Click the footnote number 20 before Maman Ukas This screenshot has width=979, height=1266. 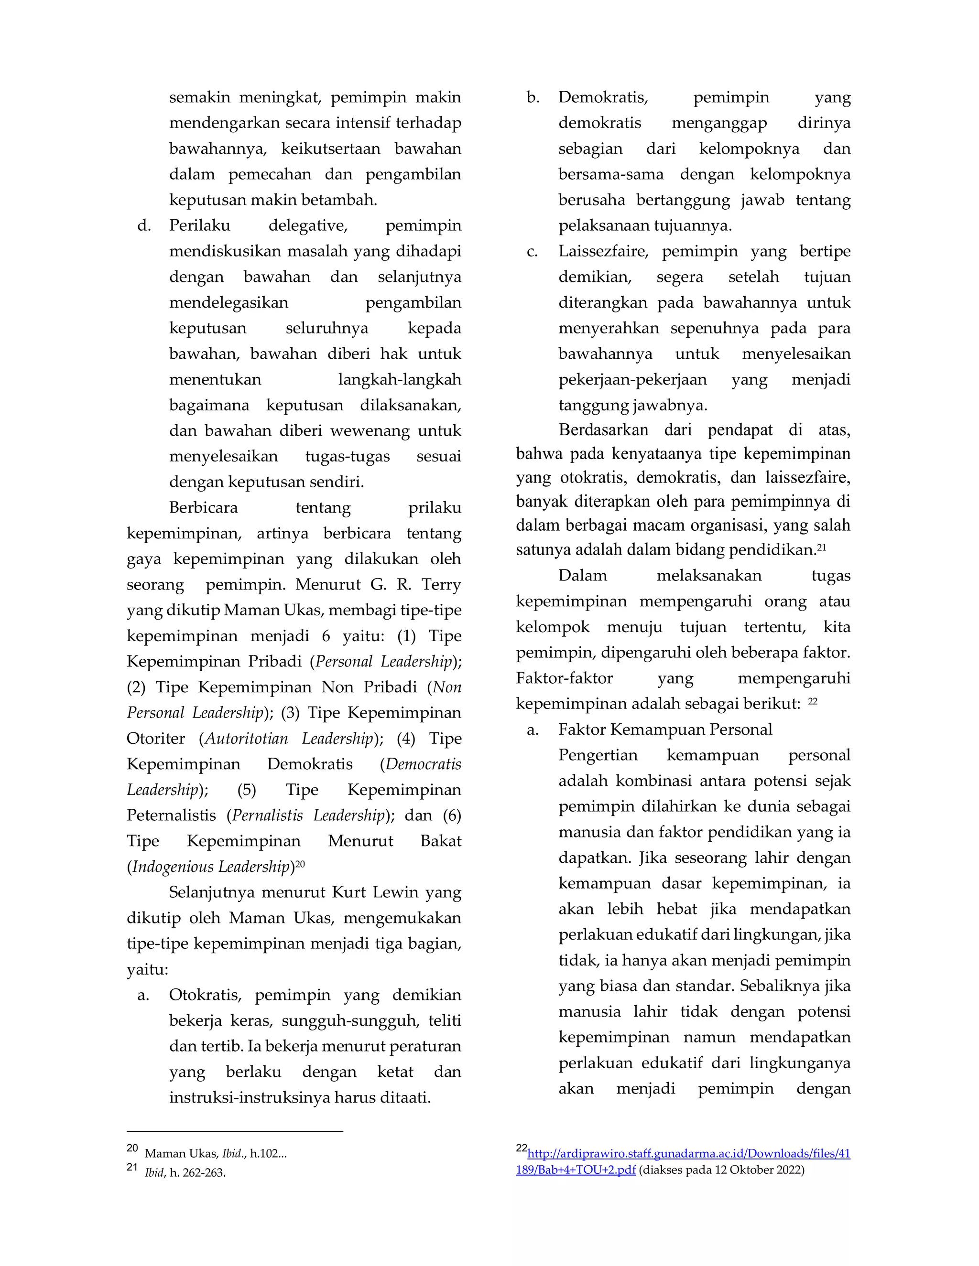[x=132, y=1148]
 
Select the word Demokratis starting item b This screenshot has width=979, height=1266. [x=603, y=97]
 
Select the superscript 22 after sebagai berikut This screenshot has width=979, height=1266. [x=813, y=701]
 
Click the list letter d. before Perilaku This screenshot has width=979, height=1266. [x=144, y=225]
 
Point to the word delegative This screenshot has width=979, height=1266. [x=307, y=225]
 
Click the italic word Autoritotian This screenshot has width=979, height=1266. [x=247, y=739]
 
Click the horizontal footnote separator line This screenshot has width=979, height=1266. [x=235, y=1131]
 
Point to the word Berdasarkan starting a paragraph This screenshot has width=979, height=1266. [x=603, y=430]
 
